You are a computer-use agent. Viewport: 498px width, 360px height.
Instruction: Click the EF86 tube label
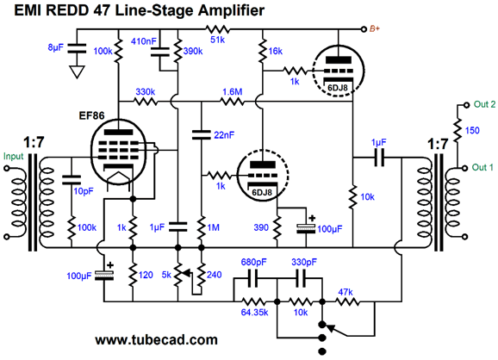click(91, 115)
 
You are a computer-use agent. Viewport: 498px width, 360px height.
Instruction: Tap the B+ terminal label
click(375, 29)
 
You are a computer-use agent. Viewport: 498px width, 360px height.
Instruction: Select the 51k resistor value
click(218, 40)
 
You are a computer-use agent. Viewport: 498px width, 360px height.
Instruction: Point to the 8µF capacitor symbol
click(77, 48)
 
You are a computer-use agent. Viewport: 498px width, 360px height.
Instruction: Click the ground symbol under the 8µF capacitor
click(77, 71)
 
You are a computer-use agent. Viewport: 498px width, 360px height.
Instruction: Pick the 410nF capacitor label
click(144, 41)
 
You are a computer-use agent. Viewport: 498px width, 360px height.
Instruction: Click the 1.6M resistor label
click(232, 92)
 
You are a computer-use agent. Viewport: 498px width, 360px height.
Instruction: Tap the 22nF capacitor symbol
click(201, 134)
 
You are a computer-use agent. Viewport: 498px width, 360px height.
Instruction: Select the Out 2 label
click(484, 104)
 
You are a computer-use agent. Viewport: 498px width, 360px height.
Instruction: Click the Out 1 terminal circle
click(464, 168)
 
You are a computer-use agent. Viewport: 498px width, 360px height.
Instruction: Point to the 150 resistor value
click(472, 130)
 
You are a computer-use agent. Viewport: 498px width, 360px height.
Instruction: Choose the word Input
click(13, 156)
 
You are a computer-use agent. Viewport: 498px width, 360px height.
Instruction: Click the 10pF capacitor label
click(84, 191)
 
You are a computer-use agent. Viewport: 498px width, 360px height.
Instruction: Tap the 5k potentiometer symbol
click(180, 274)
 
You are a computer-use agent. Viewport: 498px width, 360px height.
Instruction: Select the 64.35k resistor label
click(254, 313)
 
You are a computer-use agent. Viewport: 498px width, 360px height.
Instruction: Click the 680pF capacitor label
click(254, 262)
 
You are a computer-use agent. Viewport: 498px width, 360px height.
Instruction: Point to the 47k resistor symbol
click(347, 301)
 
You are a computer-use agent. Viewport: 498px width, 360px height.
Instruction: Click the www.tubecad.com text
click(156, 340)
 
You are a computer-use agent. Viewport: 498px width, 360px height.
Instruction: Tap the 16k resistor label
click(275, 51)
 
